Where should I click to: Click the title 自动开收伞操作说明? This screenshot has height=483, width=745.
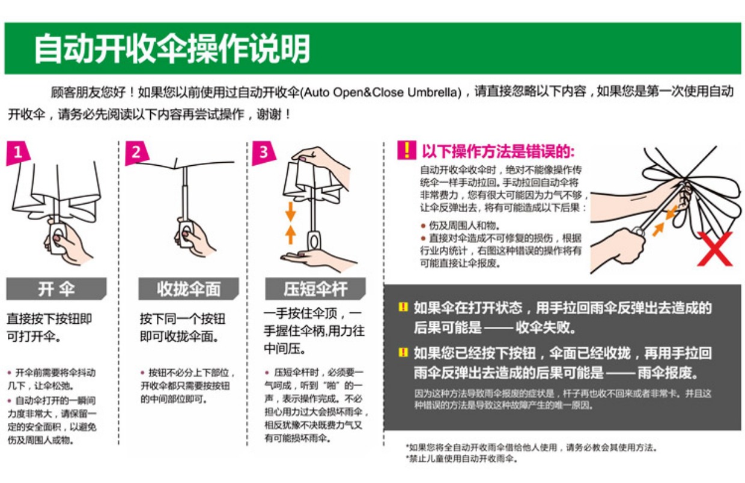pyautogui.click(x=172, y=49)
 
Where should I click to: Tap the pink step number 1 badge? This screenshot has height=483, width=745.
pyautogui.click(x=18, y=153)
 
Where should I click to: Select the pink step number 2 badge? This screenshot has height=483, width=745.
pyautogui.click(x=136, y=153)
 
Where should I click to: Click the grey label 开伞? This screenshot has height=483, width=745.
pyautogui.click(x=56, y=289)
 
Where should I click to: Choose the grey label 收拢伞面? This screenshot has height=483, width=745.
pyautogui.click(x=189, y=289)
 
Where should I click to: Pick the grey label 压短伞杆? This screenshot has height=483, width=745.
pyautogui.click(x=316, y=289)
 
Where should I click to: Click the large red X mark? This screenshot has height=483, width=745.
pyautogui.click(x=714, y=251)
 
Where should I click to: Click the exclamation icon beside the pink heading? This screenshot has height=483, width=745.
pyautogui.click(x=407, y=150)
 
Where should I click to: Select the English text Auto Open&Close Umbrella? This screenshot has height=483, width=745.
pyautogui.click(x=380, y=93)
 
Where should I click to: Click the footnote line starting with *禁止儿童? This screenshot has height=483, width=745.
pyautogui.click(x=461, y=460)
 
